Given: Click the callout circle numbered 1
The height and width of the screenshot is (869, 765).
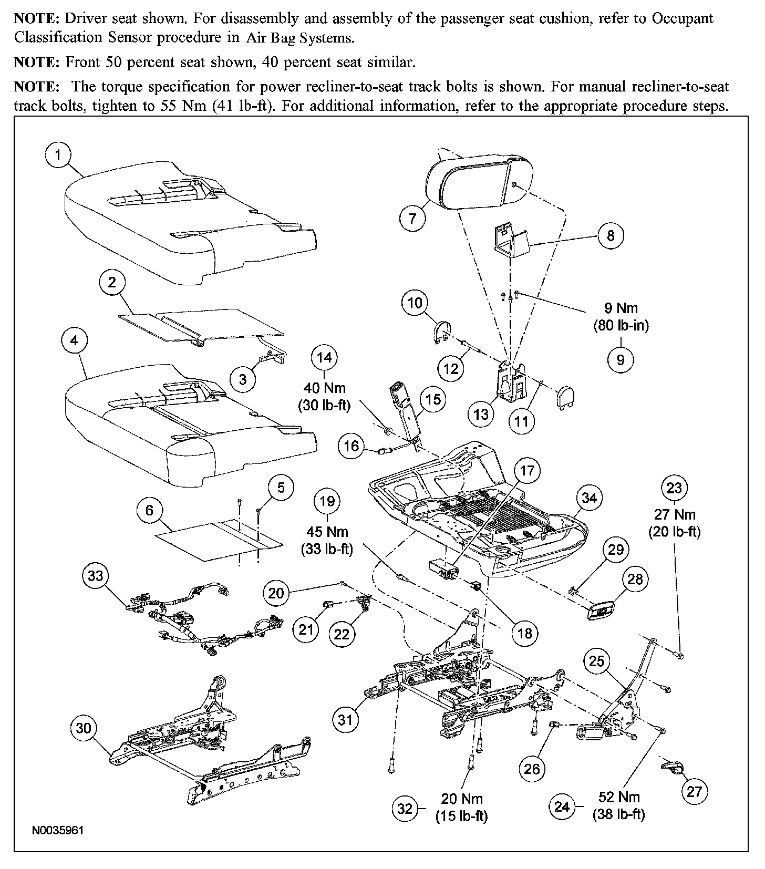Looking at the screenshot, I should [58, 155].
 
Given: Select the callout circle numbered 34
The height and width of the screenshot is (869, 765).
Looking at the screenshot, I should [589, 498].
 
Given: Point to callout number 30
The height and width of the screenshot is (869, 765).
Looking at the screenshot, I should [84, 728].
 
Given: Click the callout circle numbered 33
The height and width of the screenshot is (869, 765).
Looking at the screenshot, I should [95, 575].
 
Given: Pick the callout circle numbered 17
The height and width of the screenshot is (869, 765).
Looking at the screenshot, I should [527, 470].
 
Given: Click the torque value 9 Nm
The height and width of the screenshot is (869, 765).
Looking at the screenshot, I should [621, 308].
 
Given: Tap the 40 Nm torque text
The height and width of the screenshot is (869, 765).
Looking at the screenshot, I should [325, 388].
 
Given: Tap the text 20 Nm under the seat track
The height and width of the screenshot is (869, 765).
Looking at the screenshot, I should [461, 799].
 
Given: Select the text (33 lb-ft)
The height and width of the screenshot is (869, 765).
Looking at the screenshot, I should [327, 549].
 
